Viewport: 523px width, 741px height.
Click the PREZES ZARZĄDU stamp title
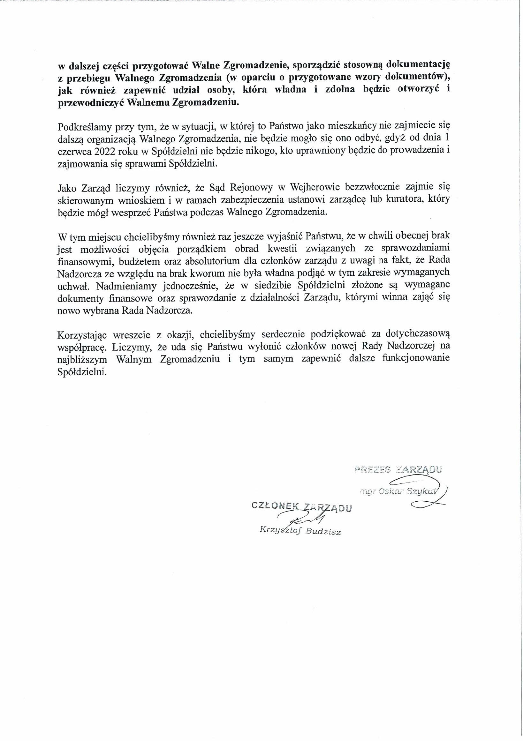(398, 469)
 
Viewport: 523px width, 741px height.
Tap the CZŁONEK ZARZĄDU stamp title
(301, 507)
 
